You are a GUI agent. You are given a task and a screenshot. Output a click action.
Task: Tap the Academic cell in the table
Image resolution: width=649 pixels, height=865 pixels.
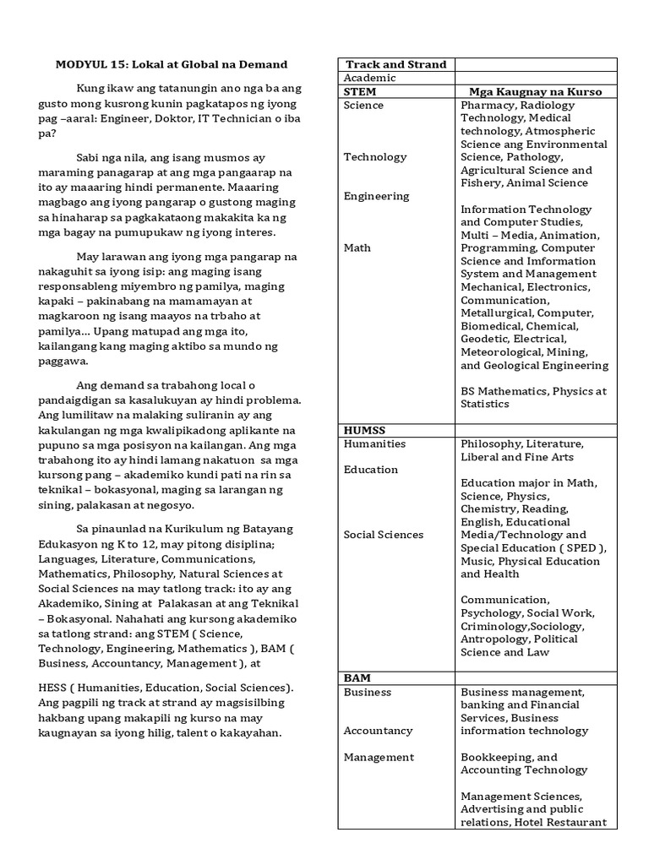(369, 78)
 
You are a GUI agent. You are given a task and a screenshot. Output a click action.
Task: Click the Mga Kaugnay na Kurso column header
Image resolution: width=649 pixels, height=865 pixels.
(536, 91)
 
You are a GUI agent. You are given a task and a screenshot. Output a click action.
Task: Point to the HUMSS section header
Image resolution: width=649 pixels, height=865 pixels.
(364, 430)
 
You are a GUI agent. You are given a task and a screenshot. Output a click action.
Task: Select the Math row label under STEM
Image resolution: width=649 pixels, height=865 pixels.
(357, 248)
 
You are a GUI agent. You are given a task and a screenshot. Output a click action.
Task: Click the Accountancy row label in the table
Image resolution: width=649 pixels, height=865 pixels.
(378, 731)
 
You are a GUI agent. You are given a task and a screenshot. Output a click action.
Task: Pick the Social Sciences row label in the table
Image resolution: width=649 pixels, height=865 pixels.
(384, 535)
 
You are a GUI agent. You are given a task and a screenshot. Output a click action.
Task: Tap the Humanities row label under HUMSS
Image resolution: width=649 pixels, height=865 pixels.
(374, 443)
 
